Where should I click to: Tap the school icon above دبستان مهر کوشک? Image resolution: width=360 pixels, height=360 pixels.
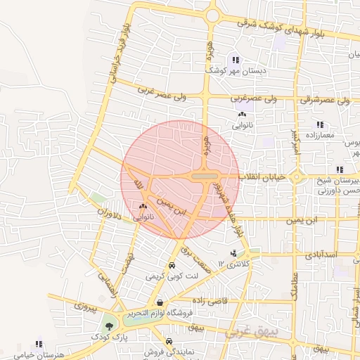point(235,60)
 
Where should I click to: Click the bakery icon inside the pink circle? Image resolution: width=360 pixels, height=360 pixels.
point(144,207)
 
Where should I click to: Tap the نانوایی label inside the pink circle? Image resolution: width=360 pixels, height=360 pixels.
point(142,217)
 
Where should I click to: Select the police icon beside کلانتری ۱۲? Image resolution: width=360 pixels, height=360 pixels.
point(233,252)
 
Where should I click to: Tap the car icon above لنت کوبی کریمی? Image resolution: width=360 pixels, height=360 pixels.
point(172,266)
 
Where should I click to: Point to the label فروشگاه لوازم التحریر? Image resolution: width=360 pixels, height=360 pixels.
point(165,314)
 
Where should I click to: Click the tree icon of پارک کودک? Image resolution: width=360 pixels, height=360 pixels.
point(109,326)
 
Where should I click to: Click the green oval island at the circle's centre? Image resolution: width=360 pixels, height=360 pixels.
point(205,176)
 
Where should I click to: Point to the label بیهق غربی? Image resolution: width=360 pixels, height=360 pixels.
point(251,330)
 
